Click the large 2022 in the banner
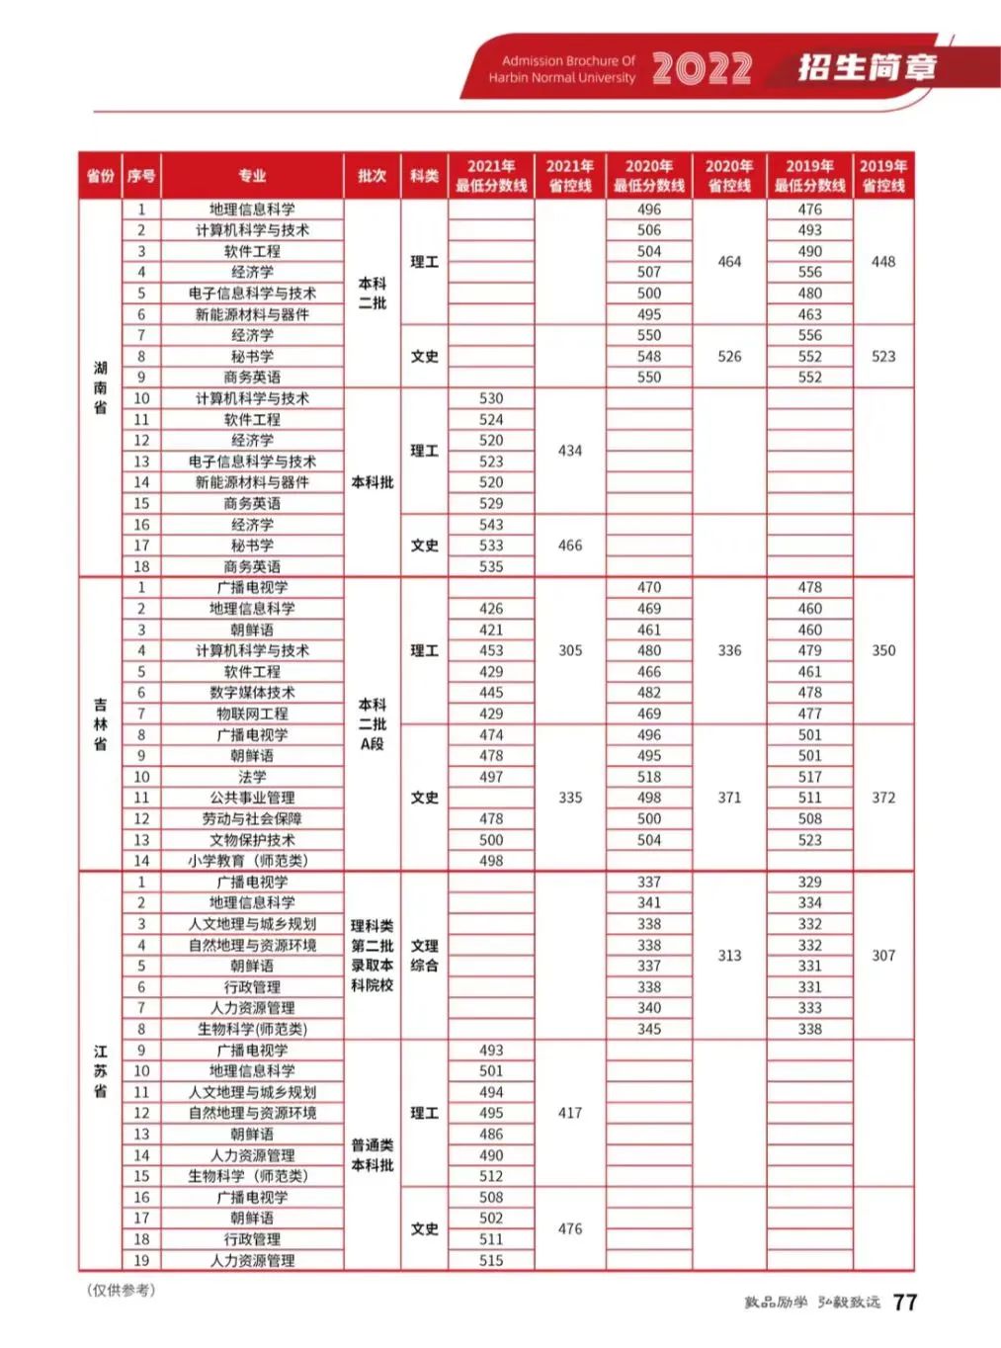(x=702, y=68)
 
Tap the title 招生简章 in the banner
(x=867, y=67)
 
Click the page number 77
(x=904, y=1303)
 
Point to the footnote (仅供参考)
(x=121, y=1290)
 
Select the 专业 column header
(x=252, y=176)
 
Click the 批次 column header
(x=372, y=176)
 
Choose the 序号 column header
(x=141, y=176)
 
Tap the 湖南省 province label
(x=100, y=386)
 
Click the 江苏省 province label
(x=100, y=1070)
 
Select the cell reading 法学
(x=252, y=777)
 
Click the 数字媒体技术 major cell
(x=252, y=693)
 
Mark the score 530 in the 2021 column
(x=491, y=398)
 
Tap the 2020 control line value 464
(x=729, y=262)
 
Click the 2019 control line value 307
(x=883, y=956)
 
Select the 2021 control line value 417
(x=570, y=1113)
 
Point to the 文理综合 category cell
(x=424, y=956)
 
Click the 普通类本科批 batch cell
(x=372, y=1155)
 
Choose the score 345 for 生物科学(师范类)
(x=649, y=1029)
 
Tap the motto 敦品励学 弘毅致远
(x=811, y=1303)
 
